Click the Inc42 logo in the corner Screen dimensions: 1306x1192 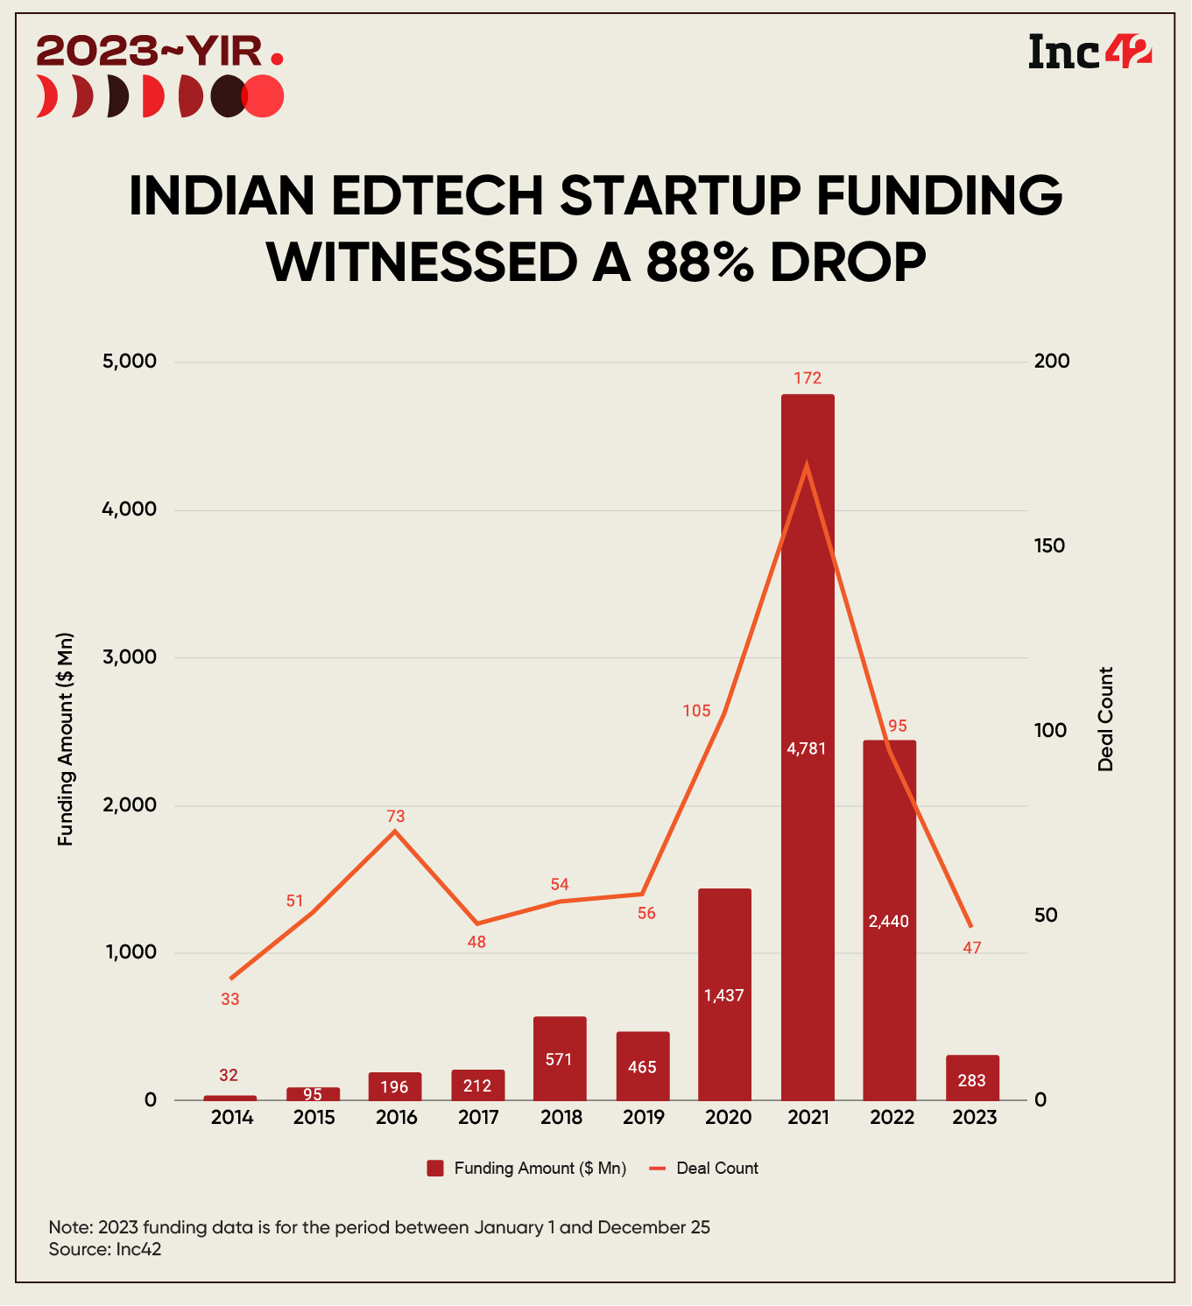point(1089,52)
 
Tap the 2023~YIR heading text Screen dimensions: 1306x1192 point(149,52)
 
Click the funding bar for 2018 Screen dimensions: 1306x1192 point(560,1058)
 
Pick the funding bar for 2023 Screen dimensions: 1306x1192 point(972,1078)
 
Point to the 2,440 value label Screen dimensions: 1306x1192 point(889,921)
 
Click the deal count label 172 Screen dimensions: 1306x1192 point(808,378)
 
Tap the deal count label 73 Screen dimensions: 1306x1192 point(396,817)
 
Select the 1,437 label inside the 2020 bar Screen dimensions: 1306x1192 point(724,995)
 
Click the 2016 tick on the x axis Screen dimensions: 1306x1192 point(397,1118)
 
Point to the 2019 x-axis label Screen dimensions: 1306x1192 point(644,1118)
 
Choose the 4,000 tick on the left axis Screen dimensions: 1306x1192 point(130,509)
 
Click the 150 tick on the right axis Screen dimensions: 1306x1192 point(1049,546)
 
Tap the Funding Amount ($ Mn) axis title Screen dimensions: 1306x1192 point(66,740)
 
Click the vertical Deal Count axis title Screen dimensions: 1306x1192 point(1106,720)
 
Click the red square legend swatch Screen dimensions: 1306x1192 point(435,1169)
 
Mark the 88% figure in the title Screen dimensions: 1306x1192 point(700,262)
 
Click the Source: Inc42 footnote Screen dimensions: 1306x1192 point(105,1249)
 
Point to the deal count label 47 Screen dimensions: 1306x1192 point(972,948)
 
